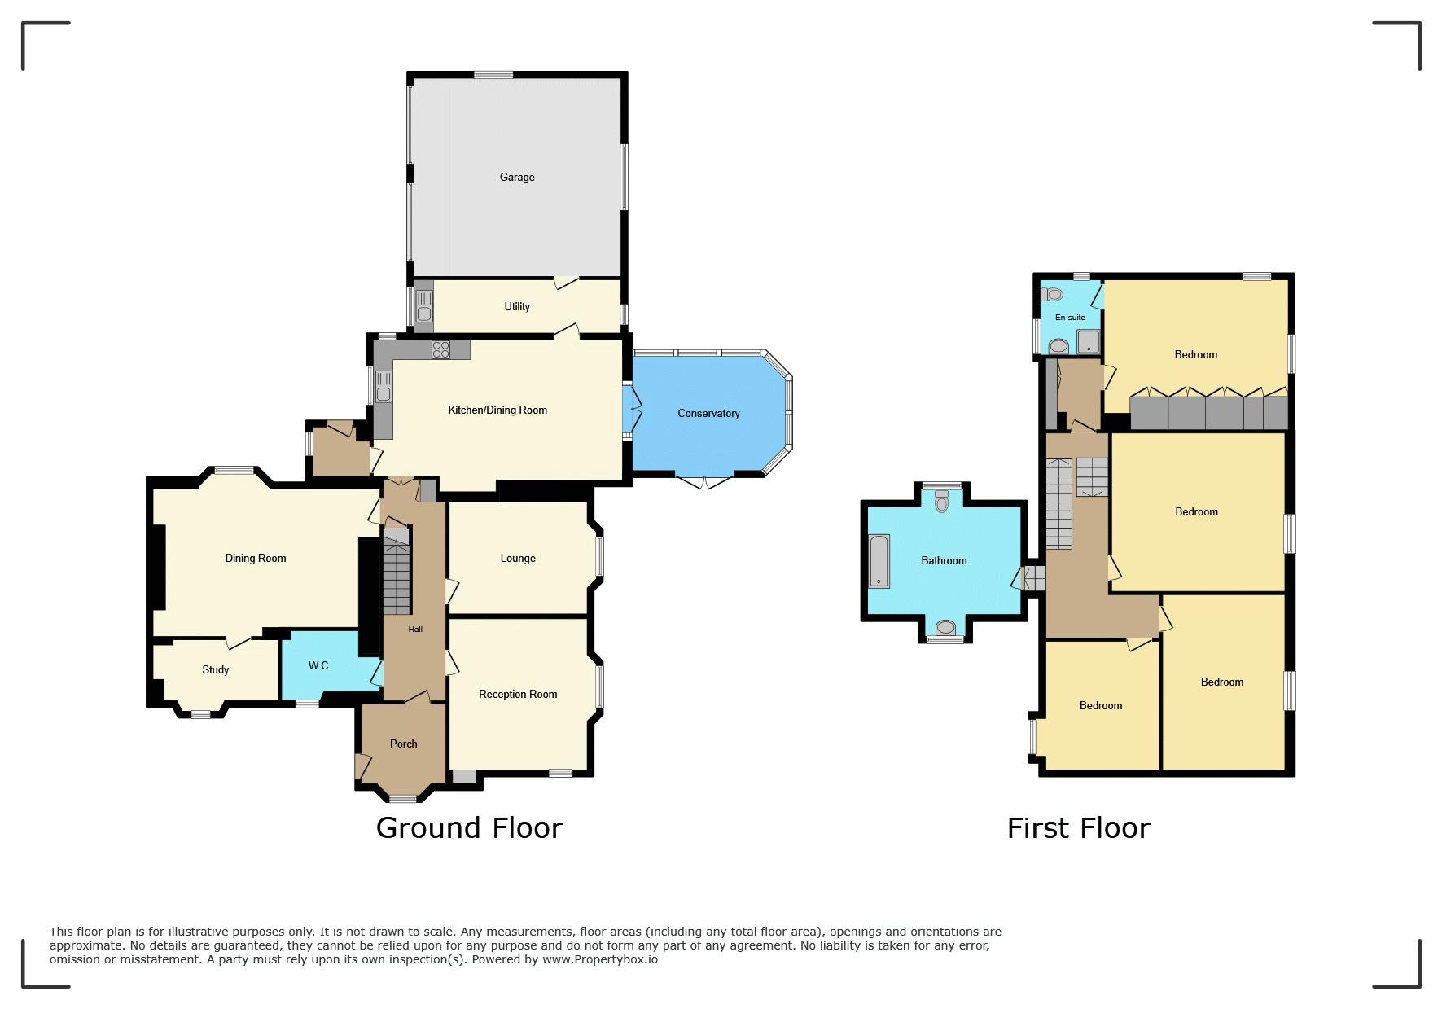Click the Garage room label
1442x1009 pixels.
point(517,178)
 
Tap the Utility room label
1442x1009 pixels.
point(517,307)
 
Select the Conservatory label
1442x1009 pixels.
point(708,414)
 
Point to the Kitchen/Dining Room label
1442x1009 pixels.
point(497,410)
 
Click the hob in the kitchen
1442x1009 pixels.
point(440,349)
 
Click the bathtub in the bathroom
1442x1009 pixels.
point(879,561)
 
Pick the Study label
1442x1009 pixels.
point(216,670)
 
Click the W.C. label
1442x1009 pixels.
point(319,666)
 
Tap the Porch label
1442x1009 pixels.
point(404,744)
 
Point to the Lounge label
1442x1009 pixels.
point(518,559)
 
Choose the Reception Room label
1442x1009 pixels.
point(518,695)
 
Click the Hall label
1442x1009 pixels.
point(415,630)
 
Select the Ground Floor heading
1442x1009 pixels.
point(469,828)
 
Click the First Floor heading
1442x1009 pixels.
point(1079,828)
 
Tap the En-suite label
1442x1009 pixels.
point(1070,318)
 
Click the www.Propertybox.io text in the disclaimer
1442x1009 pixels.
point(600,959)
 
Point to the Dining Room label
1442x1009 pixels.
point(256,559)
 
